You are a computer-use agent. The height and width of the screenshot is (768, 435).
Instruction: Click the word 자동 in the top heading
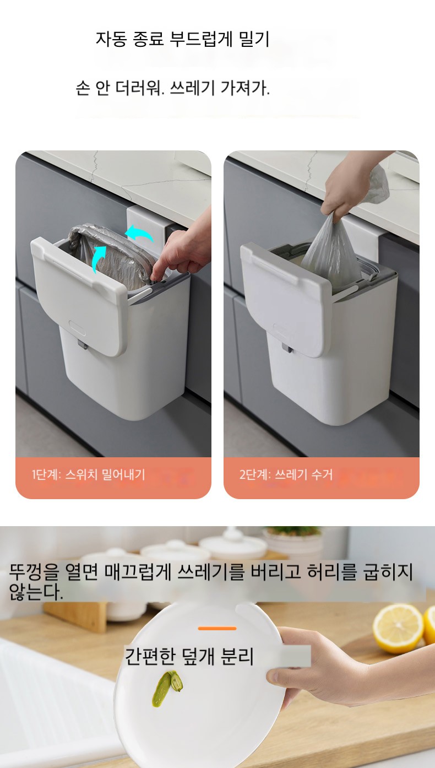(111, 39)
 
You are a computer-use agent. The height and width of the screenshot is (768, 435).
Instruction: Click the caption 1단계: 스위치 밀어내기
(89, 474)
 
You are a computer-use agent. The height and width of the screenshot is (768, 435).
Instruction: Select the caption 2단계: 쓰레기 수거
(286, 474)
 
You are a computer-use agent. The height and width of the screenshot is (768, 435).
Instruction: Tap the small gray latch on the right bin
(288, 348)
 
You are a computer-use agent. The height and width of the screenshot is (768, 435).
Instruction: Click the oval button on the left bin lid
(77, 327)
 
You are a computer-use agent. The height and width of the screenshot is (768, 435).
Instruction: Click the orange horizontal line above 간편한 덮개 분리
(218, 629)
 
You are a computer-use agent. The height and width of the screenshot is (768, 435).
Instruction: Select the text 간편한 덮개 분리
(188, 657)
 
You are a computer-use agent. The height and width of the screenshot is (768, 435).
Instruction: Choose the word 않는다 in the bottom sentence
(36, 591)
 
